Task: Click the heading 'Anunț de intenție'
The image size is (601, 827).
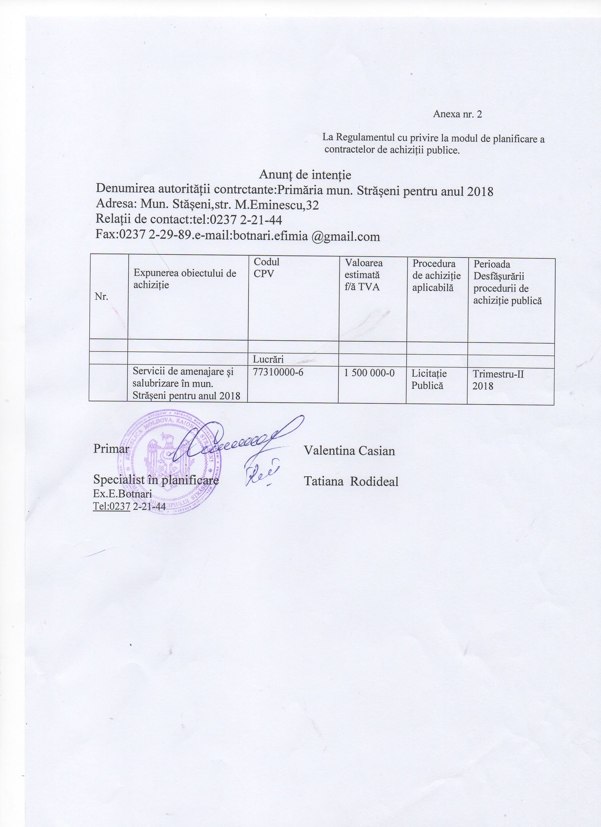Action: [305, 175]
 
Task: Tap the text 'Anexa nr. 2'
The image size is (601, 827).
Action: [457, 114]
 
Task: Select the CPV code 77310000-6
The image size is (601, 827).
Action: [278, 372]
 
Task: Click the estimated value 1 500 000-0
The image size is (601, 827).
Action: [369, 373]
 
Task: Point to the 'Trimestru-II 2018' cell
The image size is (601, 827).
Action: [498, 380]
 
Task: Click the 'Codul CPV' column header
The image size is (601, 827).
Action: [266, 268]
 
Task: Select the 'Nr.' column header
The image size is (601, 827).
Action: [101, 297]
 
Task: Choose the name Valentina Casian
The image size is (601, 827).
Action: [349, 451]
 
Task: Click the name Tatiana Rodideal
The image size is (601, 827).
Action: [351, 481]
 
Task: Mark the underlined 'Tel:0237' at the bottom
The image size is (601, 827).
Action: [111, 506]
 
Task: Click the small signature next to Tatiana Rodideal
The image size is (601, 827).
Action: [260, 475]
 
